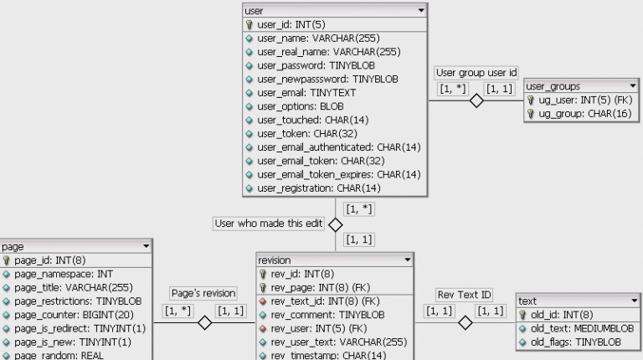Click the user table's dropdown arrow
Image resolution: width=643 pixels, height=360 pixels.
[x=420, y=11]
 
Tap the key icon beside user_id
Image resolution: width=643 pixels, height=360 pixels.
[x=249, y=25]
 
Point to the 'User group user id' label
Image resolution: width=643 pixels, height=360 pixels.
[x=476, y=73]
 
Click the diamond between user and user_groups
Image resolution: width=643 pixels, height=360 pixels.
[x=476, y=101]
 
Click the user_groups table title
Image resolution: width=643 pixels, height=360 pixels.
[x=553, y=86]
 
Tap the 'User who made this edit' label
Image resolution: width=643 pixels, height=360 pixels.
[x=268, y=224]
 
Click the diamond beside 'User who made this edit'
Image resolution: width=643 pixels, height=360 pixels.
[x=335, y=224]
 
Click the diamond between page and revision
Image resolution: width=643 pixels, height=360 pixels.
[x=204, y=323]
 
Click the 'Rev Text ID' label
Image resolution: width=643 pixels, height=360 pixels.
[x=465, y=294]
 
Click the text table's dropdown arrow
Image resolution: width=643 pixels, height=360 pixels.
[x=634, y=301]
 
